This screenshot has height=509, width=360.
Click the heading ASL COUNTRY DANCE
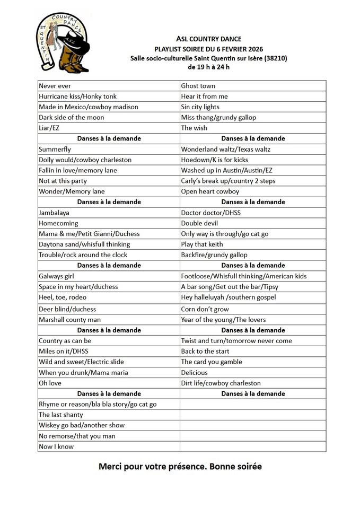pyautogui.click(x=208, y=39)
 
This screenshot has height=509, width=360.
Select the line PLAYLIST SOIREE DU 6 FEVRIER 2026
pyautogui.click(x=208, y=49)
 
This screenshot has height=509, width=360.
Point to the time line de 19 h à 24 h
pyautogui.click(x=208, y=67)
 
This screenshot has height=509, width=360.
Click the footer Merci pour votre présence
pyautogui.click(x=180, y=467)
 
